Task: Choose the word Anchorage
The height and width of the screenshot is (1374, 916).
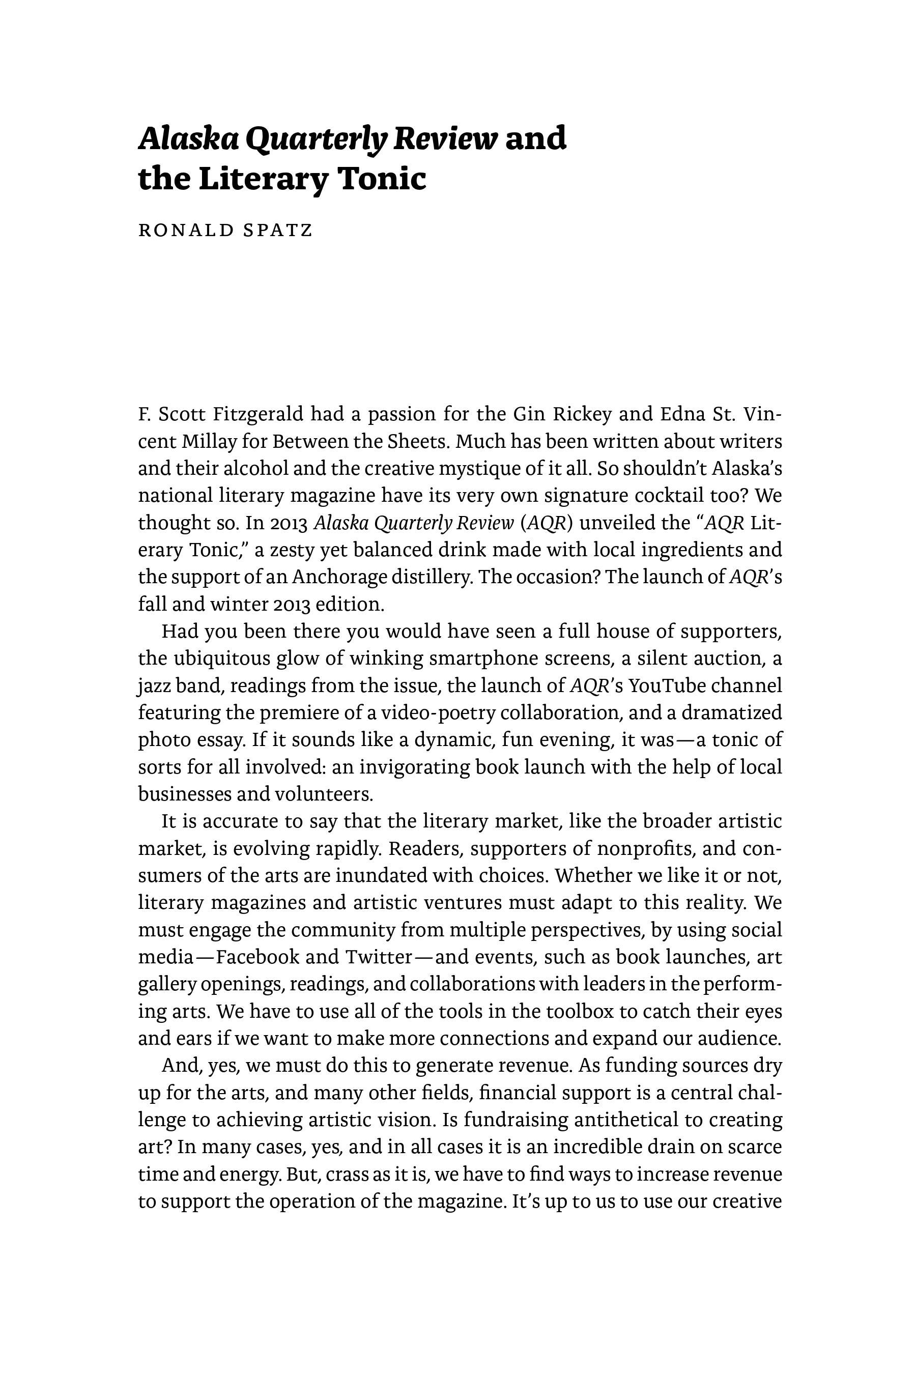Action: (339, 577)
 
